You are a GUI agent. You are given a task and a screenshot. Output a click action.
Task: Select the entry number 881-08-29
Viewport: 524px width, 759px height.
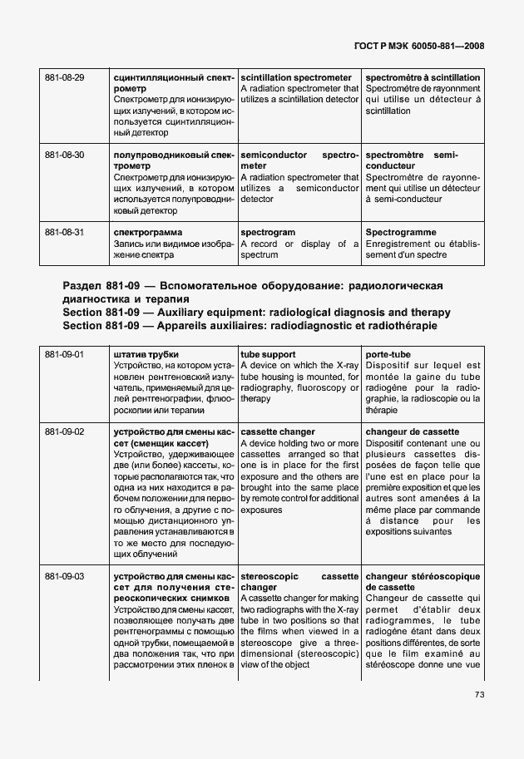(64, 77)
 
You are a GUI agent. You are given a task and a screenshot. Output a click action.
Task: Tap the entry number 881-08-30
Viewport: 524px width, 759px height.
(64, 155)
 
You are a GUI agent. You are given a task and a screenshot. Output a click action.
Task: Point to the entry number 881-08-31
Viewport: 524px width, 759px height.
(64, 233)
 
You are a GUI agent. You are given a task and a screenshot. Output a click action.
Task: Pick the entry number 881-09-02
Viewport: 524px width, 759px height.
(64, 432)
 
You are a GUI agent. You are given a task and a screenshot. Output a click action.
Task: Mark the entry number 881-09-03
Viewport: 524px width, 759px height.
(64, 574)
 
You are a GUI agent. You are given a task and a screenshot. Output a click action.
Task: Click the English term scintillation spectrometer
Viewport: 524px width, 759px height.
(295, 77)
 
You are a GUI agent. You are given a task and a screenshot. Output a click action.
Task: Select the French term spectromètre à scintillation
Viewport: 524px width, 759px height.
(423, 77)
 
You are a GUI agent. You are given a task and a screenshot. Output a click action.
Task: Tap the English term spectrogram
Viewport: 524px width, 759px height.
(268, 233)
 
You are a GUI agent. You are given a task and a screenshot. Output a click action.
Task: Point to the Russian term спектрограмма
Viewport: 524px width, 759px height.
(147, 233)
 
